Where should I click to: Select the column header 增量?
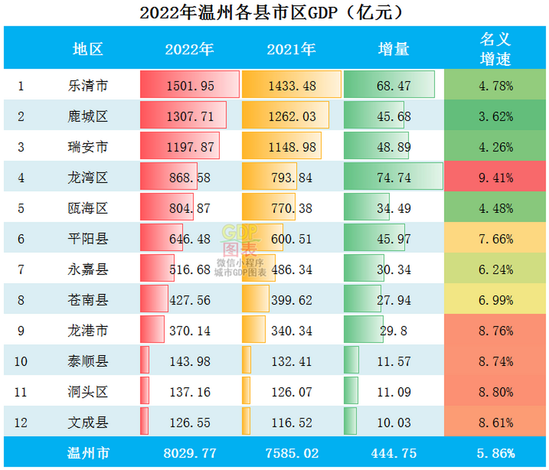393,49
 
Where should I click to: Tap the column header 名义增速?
495,49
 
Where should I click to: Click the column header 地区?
88,49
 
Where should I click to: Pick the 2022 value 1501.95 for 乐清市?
190,86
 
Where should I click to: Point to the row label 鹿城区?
88,117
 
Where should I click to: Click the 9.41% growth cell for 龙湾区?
495,178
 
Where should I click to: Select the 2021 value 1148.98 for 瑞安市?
292,147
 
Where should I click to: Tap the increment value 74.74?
393,178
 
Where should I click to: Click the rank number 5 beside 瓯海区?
21,209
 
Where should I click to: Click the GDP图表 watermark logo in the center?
240,241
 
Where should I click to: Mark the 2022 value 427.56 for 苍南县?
190,300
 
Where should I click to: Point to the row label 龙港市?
88,331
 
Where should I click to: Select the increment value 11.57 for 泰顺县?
393,362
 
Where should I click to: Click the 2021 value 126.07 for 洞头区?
292,392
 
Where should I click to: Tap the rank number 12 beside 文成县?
21,423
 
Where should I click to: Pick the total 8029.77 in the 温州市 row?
190,453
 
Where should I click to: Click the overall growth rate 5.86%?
495,453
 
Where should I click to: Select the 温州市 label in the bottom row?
88,453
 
